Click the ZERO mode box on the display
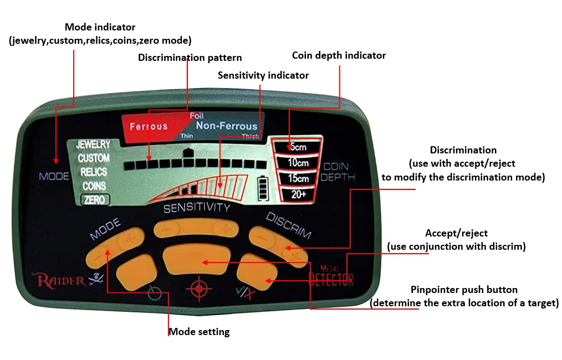95,200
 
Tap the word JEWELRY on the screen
93,145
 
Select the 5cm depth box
297,147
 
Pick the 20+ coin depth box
297,194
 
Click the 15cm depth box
297,179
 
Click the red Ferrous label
149,127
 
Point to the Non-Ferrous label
226,126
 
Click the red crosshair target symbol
198,289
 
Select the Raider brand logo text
61,280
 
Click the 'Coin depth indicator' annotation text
339,55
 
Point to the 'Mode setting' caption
199,332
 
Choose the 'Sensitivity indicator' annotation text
263,75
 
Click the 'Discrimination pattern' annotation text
190,58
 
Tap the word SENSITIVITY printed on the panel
196,208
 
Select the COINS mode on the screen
94,186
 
